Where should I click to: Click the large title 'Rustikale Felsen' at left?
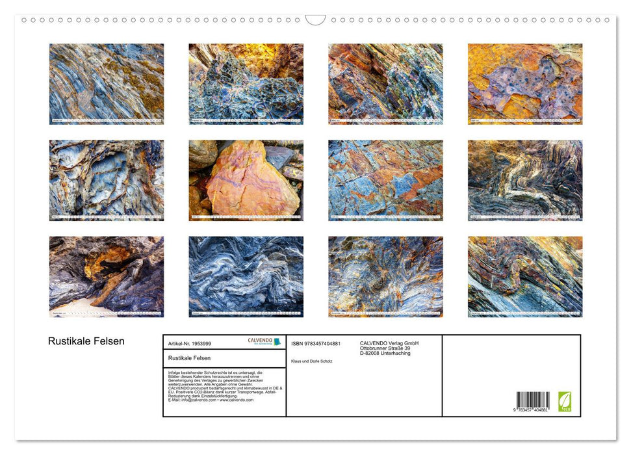(x=86, y=341)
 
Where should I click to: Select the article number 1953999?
(x=190, y=343)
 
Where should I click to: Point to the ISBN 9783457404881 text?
(x=316, y=343)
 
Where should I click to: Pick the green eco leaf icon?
(x=565, y=401)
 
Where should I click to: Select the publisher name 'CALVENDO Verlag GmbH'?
(x=389, y=343)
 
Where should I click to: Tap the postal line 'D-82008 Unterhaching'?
(x=385, y=354)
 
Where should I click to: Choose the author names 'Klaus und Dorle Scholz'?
(x=312, y=361)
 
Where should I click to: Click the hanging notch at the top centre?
(x=315, y=20)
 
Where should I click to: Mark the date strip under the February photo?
(x=246, y=121)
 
